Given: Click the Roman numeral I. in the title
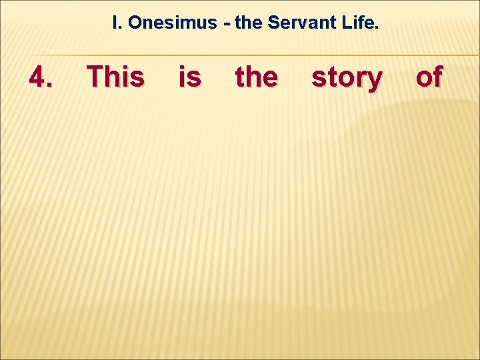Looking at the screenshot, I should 117,23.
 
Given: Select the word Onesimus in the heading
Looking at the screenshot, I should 172,23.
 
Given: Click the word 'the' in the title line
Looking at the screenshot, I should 248,23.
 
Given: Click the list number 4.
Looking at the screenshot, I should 41,77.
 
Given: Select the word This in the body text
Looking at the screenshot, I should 115,77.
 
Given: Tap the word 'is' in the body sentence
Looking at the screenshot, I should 189,77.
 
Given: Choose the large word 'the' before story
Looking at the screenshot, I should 256,77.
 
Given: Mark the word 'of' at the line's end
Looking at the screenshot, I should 429,77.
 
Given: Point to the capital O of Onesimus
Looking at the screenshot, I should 135,23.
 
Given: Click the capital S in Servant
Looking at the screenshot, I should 273,23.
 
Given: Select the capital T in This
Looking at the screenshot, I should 97,77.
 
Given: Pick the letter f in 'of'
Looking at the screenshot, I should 437,77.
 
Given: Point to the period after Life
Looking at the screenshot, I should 377,28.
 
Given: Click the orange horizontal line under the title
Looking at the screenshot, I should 240,55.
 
